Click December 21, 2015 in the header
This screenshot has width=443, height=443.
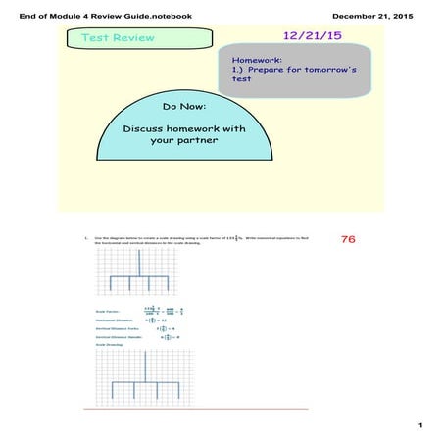(377, 16)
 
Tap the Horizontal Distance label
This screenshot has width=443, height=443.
(111, 320)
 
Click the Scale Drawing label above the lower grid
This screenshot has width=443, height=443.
(108, 345)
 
